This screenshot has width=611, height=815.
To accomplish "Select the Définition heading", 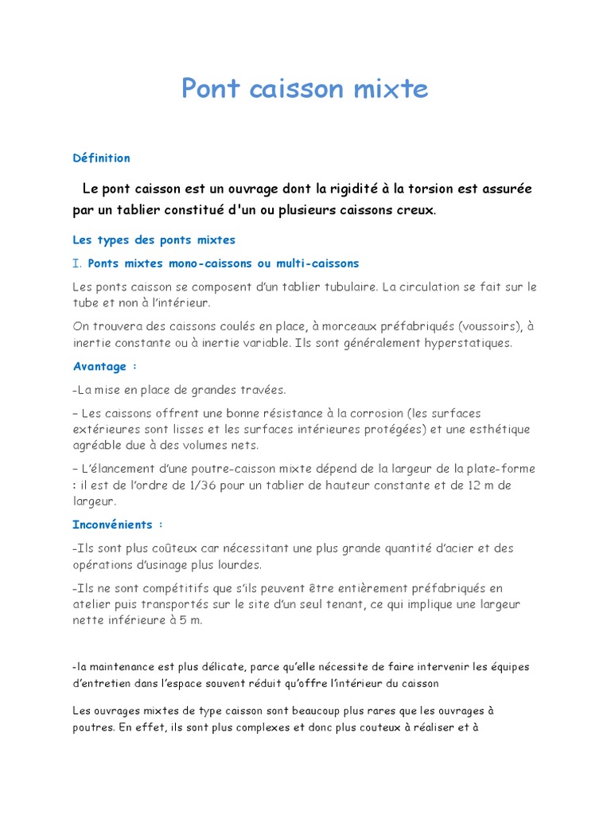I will (x=101, y=158).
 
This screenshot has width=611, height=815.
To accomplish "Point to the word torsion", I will (x=434, y=189).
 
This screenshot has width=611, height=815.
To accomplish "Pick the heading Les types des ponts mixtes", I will (x=154, y=240).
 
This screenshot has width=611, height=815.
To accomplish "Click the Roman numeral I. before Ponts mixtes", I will (x=77, y=263).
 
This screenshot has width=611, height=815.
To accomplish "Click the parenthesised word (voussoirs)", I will (x=482, y=326).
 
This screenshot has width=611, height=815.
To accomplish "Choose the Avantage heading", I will (x=100, y=367).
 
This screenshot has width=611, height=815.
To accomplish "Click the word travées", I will (x=263, y=390).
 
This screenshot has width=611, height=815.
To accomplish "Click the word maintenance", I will (x=124, y=666).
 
